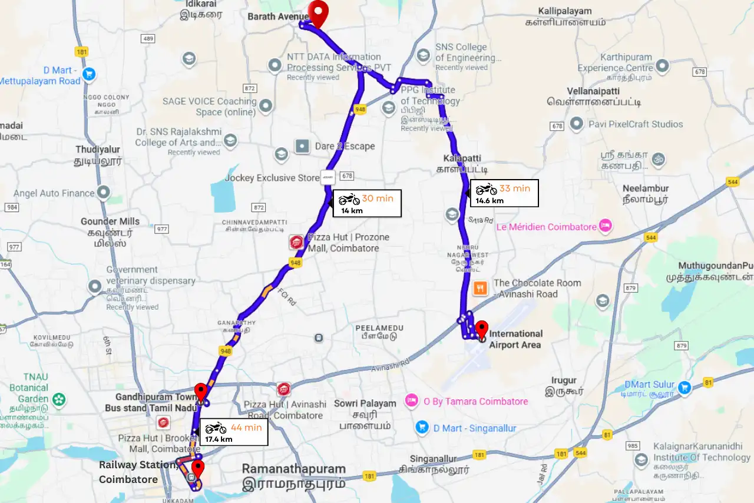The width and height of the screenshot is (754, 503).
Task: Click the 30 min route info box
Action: pos(367,203)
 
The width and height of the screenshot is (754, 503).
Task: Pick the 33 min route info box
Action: pos(504,193)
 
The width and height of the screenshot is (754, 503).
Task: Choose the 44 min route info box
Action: pos(234,432)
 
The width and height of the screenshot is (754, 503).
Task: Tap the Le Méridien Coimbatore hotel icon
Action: pos(605,226)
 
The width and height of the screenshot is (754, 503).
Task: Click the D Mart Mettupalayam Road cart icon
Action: pos(89,74)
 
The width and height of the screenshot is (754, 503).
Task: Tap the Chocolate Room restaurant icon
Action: pos(481,288)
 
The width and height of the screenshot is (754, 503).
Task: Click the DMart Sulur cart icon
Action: pos(684,388)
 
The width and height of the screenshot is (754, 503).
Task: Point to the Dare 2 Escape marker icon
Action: pos(302,145)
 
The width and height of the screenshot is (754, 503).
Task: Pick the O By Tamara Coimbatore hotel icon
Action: pos(411,401)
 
